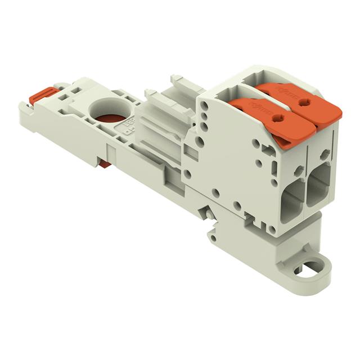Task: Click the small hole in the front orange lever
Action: [x=277, y=119]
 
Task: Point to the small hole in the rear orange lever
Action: [x=304, y=102]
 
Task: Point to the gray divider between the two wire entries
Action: [x=307, y=191]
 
